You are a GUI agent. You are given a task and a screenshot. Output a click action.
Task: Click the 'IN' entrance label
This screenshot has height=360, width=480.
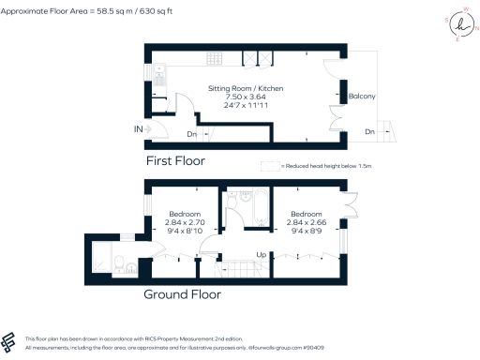pyautogui.click(x=138, y=127)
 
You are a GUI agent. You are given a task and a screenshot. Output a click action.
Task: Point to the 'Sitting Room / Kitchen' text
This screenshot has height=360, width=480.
pyautogui.click(x=245, y=88)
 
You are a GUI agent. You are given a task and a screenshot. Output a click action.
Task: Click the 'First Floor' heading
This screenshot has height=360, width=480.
pyautogui.click(x=174, y=160)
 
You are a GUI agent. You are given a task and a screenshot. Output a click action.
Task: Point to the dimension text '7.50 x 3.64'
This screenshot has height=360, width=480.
pyautogui.click(x=245, y=97)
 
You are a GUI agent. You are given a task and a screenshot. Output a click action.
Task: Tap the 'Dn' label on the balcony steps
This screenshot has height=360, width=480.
pyautogui.click(x=370, y=131)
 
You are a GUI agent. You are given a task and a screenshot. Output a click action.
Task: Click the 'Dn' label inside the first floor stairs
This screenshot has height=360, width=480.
pyautogui.click(x=191, y=134)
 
